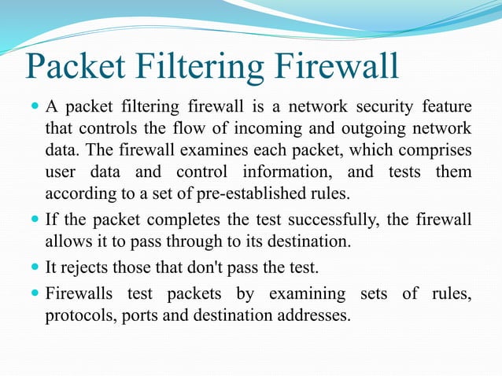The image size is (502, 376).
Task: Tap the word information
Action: [294, 171]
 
